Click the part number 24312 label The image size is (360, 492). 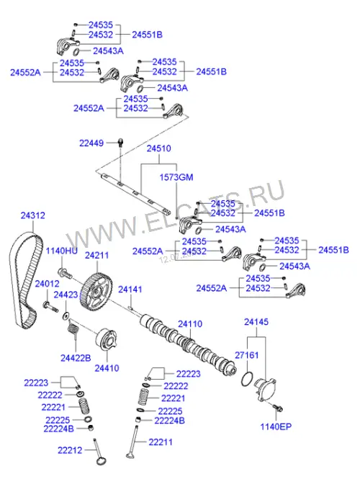[x=33, y=215]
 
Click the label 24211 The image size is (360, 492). [x=97, y=256]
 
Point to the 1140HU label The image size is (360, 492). [x=62, y=251]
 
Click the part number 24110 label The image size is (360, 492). [x=190, y=324]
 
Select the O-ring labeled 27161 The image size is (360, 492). [x=248, y=380]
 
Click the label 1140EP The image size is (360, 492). [x=276, y=426]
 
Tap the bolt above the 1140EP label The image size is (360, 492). [x=278, y=408]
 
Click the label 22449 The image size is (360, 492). [x=91, y=143]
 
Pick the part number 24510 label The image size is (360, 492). [x=158, y=148]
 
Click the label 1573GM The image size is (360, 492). [x=176, y=177]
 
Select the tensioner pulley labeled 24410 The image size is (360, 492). [x=107, y=341]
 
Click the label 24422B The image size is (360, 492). [x=76, y=358]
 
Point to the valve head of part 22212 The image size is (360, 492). [x=101, y=461]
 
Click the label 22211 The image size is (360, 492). [x=161, y=442]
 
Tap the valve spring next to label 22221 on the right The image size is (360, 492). [x=144, y=398]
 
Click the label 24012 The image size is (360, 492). [x=47, y=284]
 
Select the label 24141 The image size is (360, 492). [x=130, y=290]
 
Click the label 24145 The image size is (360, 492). [x=256, y=322]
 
